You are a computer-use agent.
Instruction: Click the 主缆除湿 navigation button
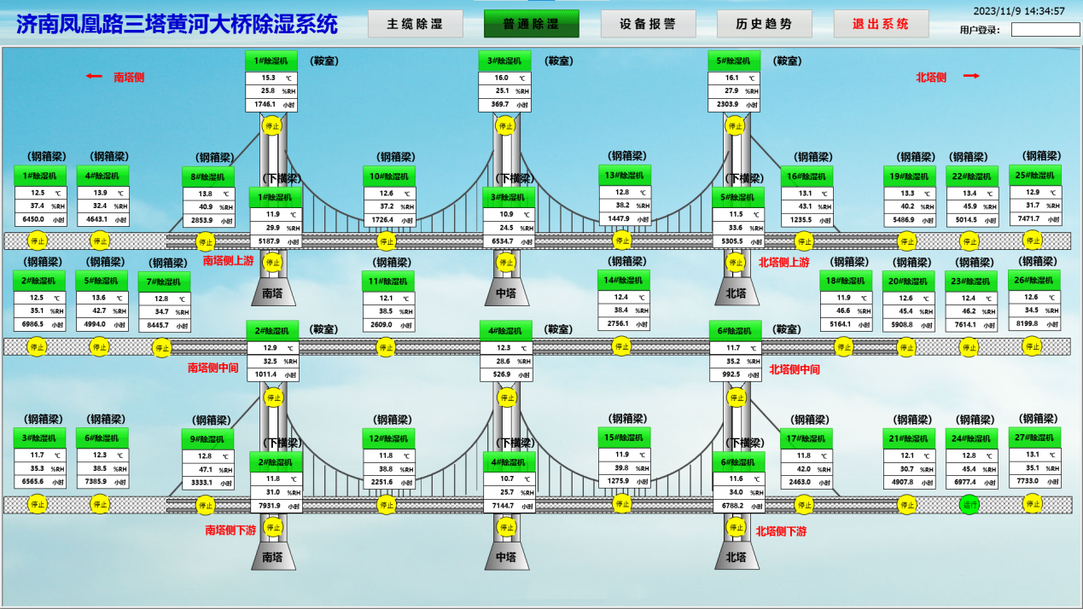pyautogui.click(x=415, y=24)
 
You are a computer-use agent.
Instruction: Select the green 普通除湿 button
pyautogui.click(x=531, y=24)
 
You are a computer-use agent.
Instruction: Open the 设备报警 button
pyautogui.click(x=648, y=24)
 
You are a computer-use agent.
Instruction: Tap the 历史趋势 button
pyautogui.click(x=764, y=24)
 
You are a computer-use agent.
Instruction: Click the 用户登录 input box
pyautogui.click(x=1045, y=30)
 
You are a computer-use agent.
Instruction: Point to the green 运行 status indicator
pyautogui.click(x=969, y=504)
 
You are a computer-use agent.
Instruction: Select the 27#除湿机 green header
pyautogui.click(x=1035, y=437)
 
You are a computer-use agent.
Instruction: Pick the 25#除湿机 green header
pyautogui.click(x=1035, y=175)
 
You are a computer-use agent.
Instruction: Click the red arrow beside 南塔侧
pyautogui.click(x=94, y=76)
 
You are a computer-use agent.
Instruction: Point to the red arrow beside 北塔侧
pyautogui.click(x=970, y=76)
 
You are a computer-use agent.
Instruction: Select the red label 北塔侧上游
pyautogui.click(x=783, y=263)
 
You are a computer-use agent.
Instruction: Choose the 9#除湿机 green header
pyautogui.click(x=208, y=439)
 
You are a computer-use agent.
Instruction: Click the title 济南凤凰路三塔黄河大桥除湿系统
pyautogui.click(x=178, y=25)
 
